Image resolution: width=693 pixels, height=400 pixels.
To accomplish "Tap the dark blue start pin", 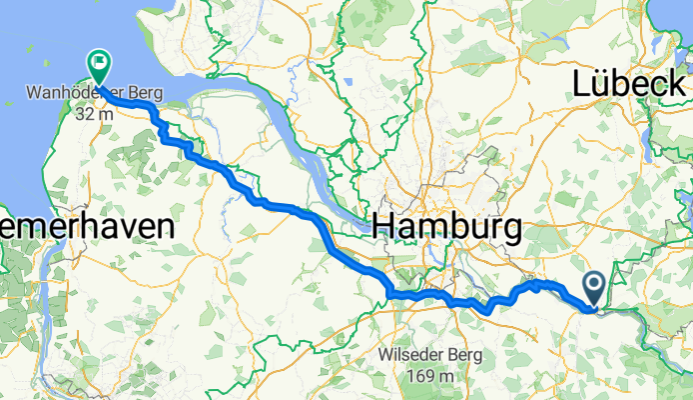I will [x=594, y=288].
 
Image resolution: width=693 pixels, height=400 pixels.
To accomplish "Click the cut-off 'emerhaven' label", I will [x=87, y=225].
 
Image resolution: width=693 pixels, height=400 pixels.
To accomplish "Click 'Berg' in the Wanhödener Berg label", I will [x=146, y=96].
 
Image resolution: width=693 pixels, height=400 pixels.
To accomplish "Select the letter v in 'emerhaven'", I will [x=117, y=225].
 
